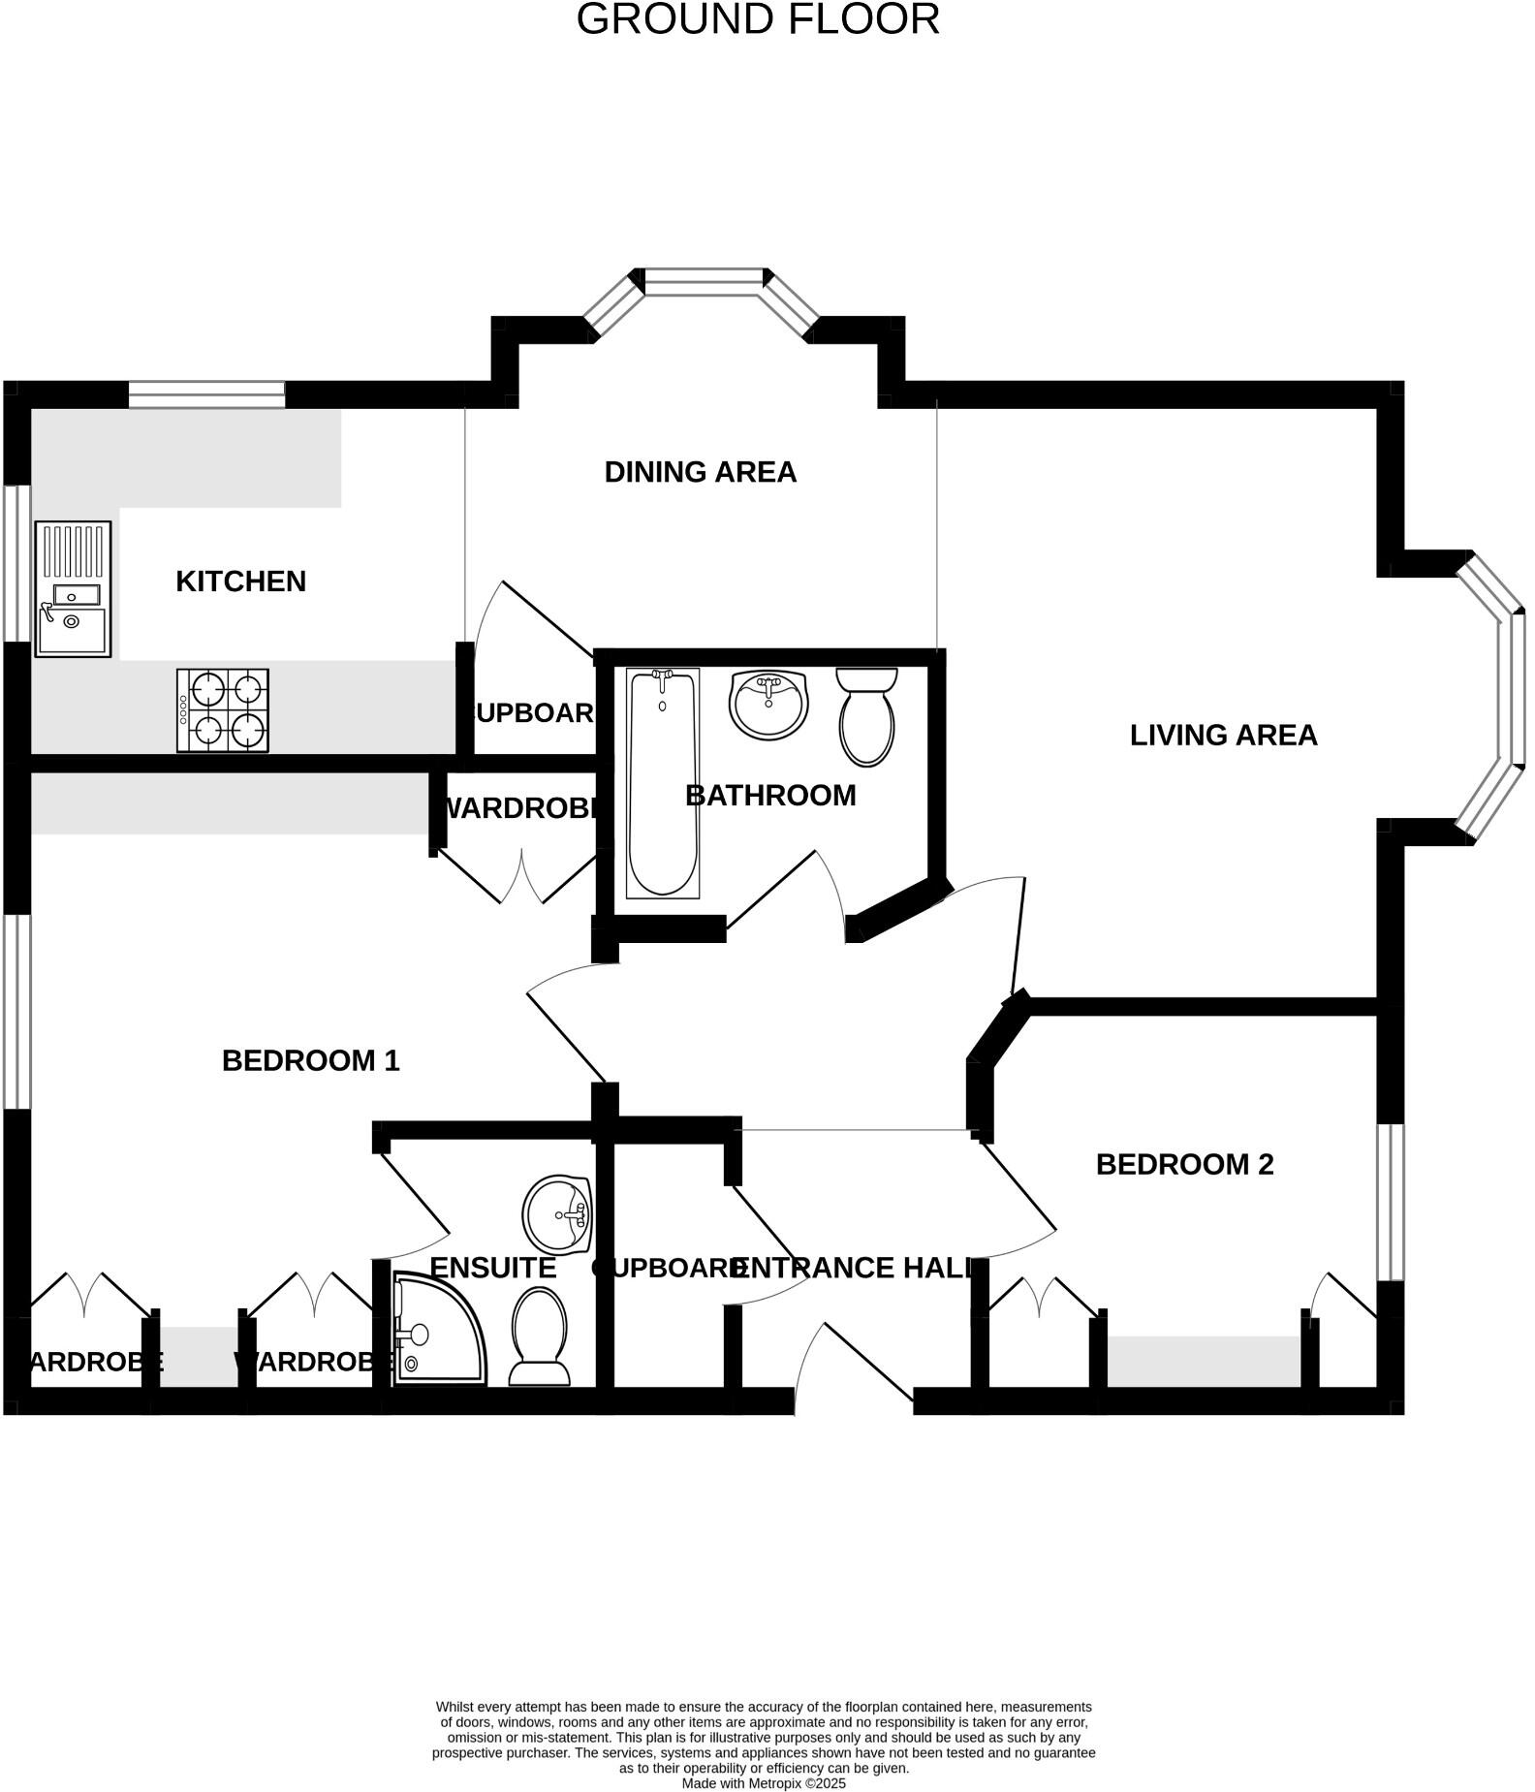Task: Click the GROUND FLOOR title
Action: [757, 19]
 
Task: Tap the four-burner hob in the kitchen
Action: [222, 710]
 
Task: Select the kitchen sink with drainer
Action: [73, 589]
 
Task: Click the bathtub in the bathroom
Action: [662, 783]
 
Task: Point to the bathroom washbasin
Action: [767, 704]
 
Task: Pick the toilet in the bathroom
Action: [866, 716]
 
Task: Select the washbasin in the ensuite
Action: [557, 1214]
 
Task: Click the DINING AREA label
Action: [700, 472]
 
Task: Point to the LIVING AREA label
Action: [1223, 736]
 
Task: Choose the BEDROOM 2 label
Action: [1184, 1165]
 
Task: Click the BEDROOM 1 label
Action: [310, 1061]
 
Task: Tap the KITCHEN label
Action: [240, 582]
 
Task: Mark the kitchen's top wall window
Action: [206, 394]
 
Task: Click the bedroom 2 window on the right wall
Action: [1391, 1202]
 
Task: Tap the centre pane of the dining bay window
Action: [704, 282]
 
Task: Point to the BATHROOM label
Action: [770, 796]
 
